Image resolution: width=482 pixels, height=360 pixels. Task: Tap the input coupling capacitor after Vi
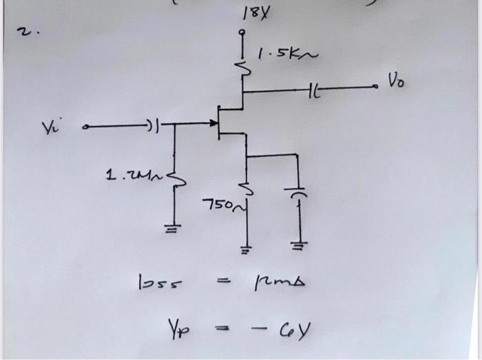[152, 125]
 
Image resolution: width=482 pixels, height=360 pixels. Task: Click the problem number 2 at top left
[24, 33]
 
